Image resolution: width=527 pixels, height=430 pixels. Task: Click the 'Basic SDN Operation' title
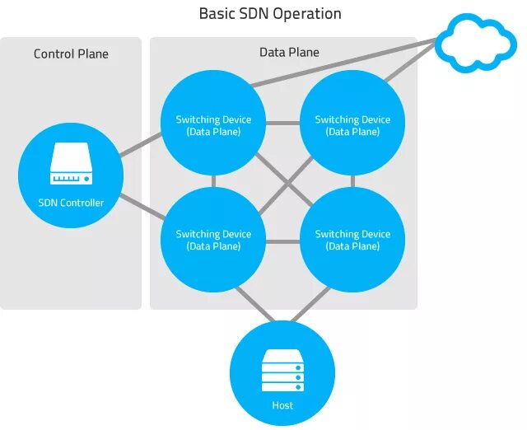point(270,14)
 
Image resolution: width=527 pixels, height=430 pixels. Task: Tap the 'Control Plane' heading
point(71,54)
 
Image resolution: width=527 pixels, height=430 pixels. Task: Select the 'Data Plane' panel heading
point(289,52)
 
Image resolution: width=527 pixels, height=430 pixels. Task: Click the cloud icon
point(476,43)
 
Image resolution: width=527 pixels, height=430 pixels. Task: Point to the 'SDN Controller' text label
point(71,203)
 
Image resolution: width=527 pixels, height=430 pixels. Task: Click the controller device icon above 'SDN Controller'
point(71,163)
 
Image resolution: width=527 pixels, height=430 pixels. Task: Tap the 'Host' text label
point(282,405)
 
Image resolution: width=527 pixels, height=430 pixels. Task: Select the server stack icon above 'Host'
point(282,370)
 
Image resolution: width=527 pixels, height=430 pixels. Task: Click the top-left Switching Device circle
point(213,123)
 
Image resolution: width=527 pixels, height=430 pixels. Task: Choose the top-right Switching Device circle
point(352,123)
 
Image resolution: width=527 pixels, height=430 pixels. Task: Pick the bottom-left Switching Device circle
point(213,240)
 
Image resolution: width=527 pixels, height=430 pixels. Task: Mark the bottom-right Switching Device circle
point(352,240)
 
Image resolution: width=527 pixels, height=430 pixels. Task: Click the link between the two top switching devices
point(282,123)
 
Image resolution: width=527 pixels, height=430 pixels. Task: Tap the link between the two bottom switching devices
point(282,241)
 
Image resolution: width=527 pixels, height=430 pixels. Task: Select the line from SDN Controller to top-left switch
point(141,144)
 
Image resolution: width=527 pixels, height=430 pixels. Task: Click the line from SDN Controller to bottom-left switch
point(142,207)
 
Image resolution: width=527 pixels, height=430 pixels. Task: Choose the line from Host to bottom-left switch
point(255,304)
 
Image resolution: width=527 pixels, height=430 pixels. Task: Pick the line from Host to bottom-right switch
point(310,304)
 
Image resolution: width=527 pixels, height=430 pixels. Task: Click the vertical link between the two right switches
point(352,181)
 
